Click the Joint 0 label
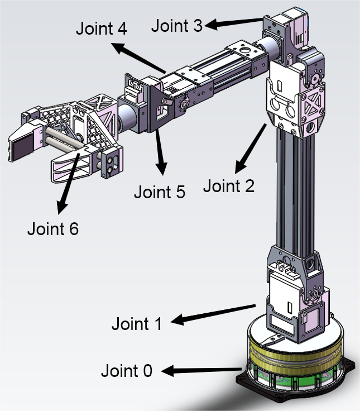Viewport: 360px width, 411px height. (x=126, y=370)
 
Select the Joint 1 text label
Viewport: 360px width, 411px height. (x=137, y=323)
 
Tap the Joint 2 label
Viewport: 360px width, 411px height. (x=228, y=185)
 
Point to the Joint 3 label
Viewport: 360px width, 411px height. (x=177, y=25)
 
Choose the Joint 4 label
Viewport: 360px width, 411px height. (x=101, y=29)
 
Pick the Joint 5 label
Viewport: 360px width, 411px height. (x=159, y=192)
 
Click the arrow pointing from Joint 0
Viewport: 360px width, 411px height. (x=204, y=369)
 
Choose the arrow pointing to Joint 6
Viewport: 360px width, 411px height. (x=68, y=181)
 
